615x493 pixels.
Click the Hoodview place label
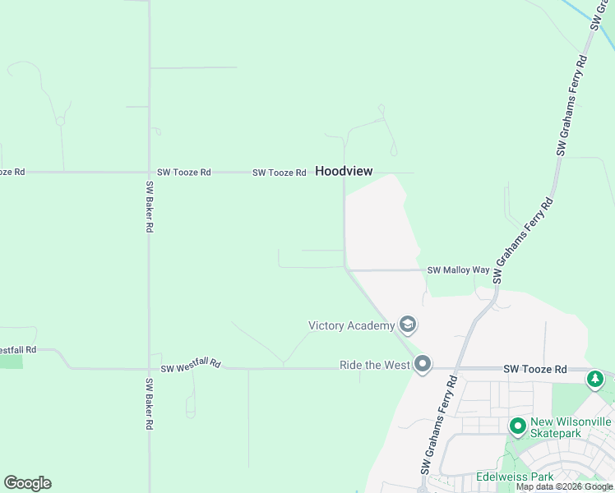(x=344, y=172)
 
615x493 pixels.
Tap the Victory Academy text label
(x=351, y=325)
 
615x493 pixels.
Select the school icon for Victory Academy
(x=407, y=324)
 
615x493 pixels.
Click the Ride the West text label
(x=375, y=364)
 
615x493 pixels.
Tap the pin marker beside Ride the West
(x=423, y=363)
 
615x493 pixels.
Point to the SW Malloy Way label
(x=458, y=270)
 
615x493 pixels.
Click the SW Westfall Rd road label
(x=191, y=364)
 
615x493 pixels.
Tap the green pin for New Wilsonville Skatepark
(x=517, y=426)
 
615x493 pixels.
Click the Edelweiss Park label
(x=515, y=477)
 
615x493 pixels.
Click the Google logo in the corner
(x=27, y=483)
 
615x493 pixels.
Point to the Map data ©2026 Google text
(x=564, y=486)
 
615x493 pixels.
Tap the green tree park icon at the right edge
(x=594, y=379)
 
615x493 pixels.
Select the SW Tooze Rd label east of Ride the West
(x=534, y=370)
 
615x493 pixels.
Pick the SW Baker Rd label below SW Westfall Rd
(x=150, y=404)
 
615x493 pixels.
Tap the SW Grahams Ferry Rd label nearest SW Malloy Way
(x=523, y=241)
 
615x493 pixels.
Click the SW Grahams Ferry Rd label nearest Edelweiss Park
(x=440, y=424)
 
